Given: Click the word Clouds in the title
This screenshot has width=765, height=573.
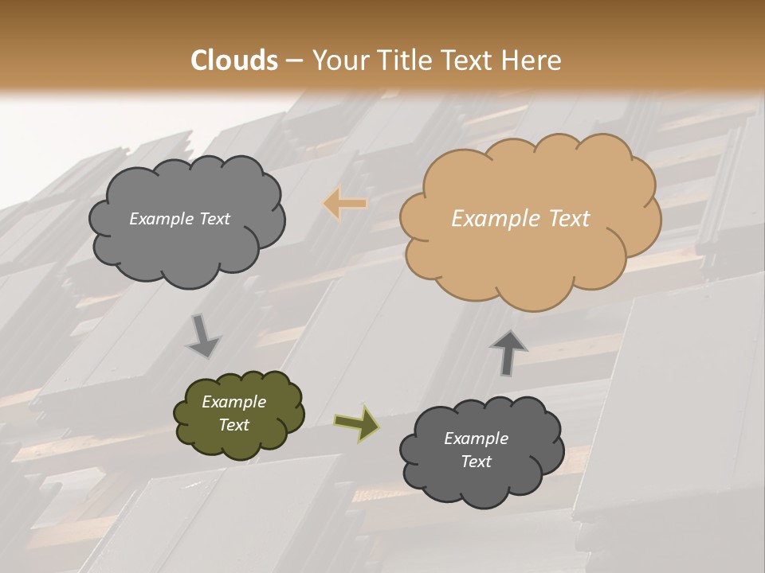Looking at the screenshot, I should pyautogui.click(x=234, y=60).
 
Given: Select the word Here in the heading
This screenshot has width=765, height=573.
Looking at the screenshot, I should pyautogui.click(x=532, y=60).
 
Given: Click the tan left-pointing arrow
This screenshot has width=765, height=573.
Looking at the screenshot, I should pyautogui.click(x=346, y=204).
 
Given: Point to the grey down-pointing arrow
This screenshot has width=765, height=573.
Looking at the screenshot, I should pyautogui.click(x=203, y=336).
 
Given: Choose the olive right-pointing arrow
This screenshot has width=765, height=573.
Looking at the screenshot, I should pyautogui.click(x=356, y=423).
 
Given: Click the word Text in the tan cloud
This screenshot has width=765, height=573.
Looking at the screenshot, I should pyautogui.click(x=569, y=219).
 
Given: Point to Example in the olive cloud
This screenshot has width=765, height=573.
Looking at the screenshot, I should pyautogui.click(x=233, y=402).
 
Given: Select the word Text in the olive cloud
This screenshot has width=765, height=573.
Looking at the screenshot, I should pyautogui.click(x=233, y=425).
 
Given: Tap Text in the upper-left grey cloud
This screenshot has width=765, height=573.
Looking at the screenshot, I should pyautogui.click(x=214, y=219).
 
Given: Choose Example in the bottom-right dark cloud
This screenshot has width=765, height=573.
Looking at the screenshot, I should pyautogui.click(x=476, y=439).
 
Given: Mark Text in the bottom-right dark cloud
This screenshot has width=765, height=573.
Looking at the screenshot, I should pyautogui.click(x=476, y=462).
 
